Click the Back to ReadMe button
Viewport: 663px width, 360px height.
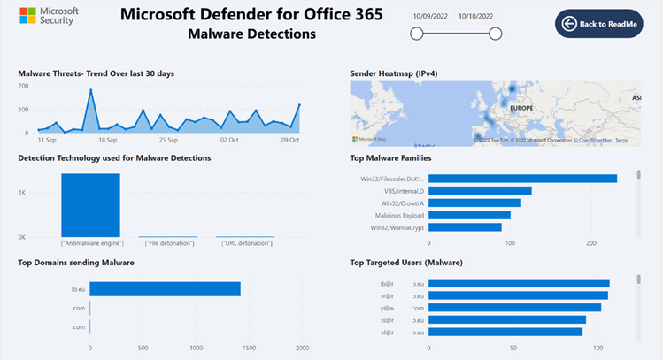(x=598, y=24)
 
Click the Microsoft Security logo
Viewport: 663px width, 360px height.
(x=50, y=16)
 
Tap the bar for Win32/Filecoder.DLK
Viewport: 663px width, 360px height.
(x=522, y=179)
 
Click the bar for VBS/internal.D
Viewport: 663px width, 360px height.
(x=480, y=190)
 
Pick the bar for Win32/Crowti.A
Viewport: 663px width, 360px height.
(x=474, y=203)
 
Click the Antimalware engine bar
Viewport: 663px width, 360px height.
(x=90, y=205)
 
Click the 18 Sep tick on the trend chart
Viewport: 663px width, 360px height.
(x=108, y=140)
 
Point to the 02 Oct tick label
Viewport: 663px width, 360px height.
(x=230, y=140)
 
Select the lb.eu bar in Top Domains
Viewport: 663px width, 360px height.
(x=165, y=288)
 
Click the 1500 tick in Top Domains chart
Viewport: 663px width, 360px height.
(x=249, y=347)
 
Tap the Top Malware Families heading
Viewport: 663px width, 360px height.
(x=390, y=157)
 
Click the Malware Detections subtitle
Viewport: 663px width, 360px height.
(x=251, y=34)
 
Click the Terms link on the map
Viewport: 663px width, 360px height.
(x=621, y=140)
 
